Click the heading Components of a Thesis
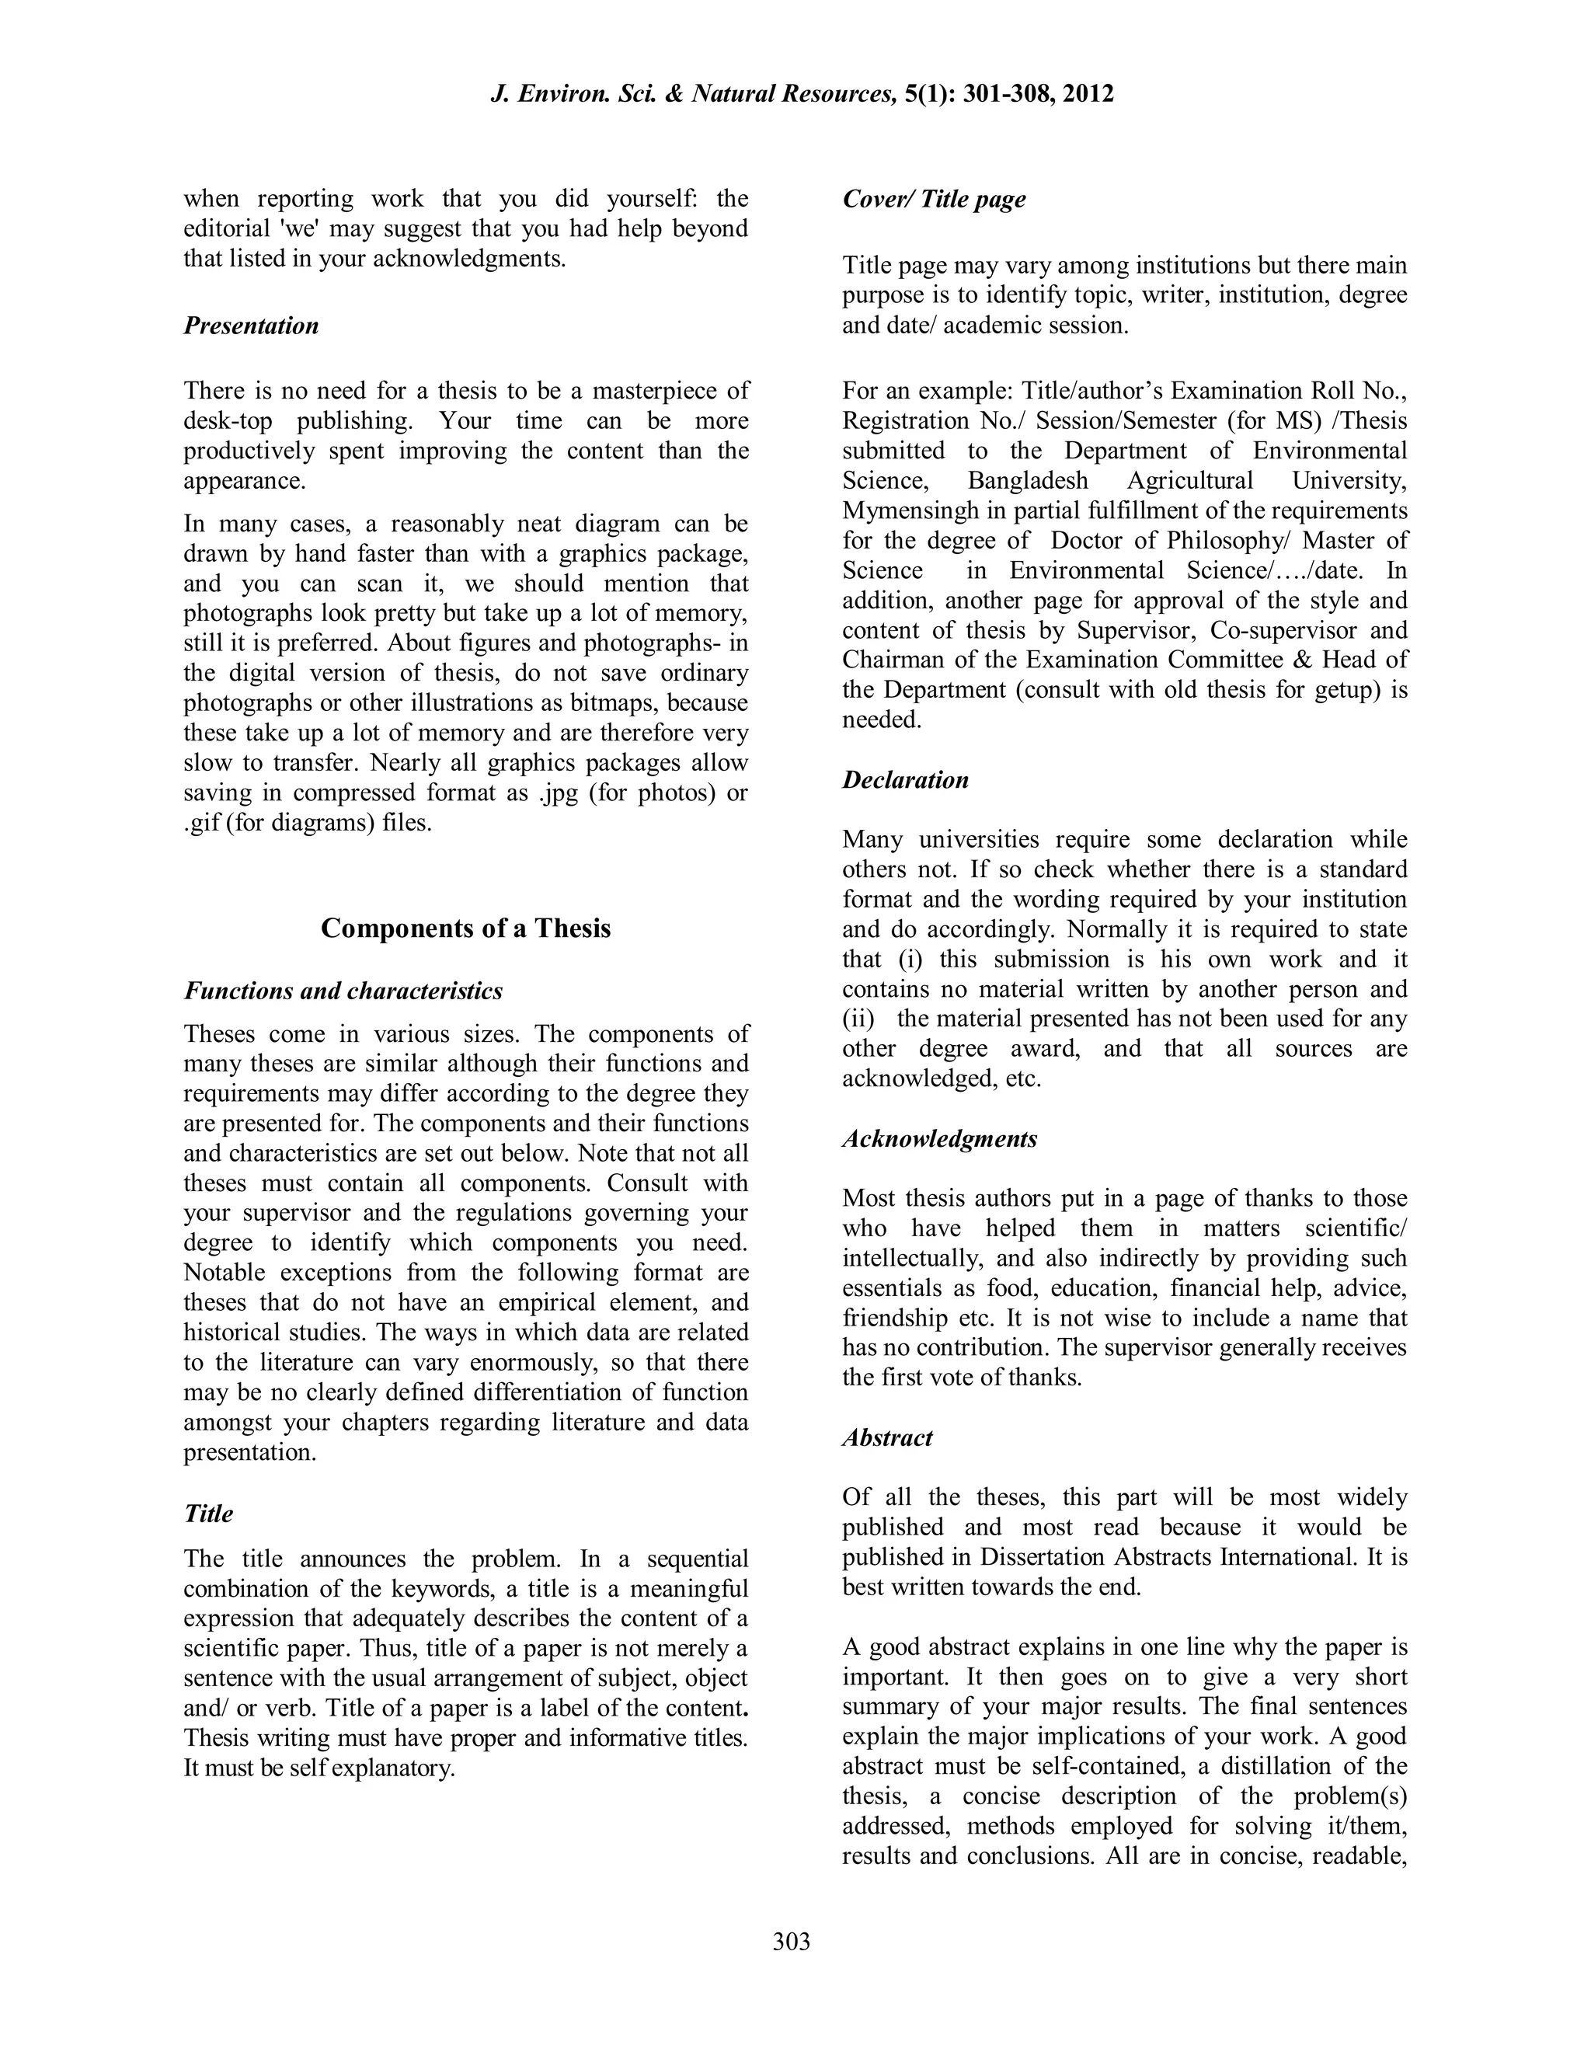coord(465,928)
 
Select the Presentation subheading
coord(251,326)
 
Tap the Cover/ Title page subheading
coord(933,199)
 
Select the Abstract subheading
coord(887,1437)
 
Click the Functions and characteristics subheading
coord(343,991)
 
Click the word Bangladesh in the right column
coord(1027,480)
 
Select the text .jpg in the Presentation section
coord(559,792)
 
